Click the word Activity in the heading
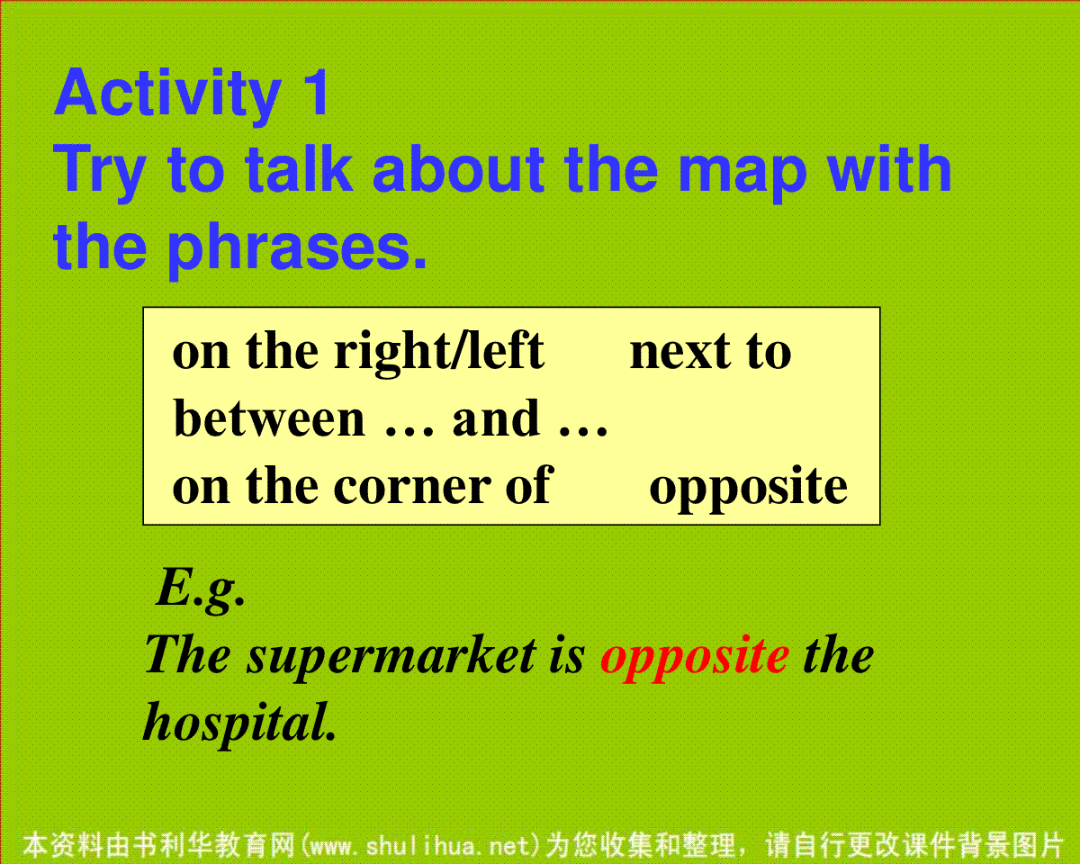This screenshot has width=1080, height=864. (x=167, y=95)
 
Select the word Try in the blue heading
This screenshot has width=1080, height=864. (x=100, y=172)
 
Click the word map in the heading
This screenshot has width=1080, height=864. (x=742, y=174)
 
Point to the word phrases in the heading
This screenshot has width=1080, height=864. (x=297, y=249)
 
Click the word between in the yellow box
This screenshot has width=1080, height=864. (x=268, y=418)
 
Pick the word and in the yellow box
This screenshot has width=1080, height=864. (x=496, y=418)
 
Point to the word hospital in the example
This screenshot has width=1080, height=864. (x=239, y=724)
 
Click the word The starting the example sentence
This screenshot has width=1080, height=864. (x=188, y=655)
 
